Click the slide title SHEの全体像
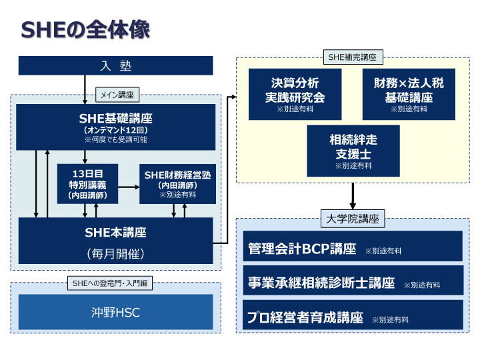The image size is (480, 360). coord(85,30)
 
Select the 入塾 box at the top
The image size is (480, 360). coord(115,65)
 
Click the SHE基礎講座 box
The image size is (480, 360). coord(115,127)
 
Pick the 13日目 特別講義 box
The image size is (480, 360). coord(87,183)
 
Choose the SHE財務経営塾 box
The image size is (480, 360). coord(177,183)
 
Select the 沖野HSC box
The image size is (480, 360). coord(115,312)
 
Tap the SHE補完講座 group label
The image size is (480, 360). coord(352,57)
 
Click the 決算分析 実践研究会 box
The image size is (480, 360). coord(295,94)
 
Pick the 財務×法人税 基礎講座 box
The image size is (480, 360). coord(409,94)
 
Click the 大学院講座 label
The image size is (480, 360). coord(353,219)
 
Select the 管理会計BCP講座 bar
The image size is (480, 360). coord(353,249)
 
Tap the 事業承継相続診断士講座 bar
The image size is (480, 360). coord(353,283)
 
